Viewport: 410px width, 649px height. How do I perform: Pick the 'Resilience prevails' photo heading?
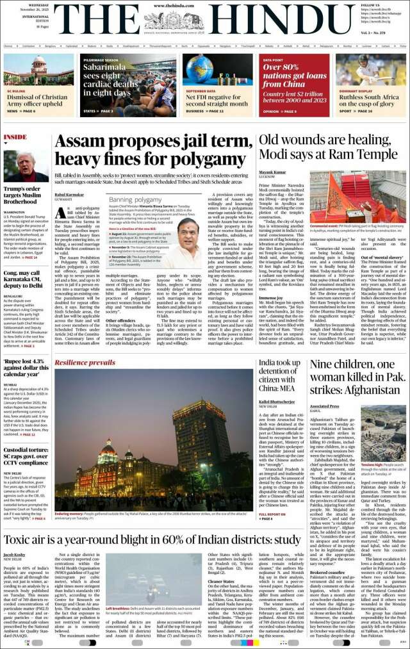pyautogui.click(x=85, y=363)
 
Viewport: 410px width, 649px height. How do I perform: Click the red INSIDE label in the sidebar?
pyautogui.click(x=15, y=137)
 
